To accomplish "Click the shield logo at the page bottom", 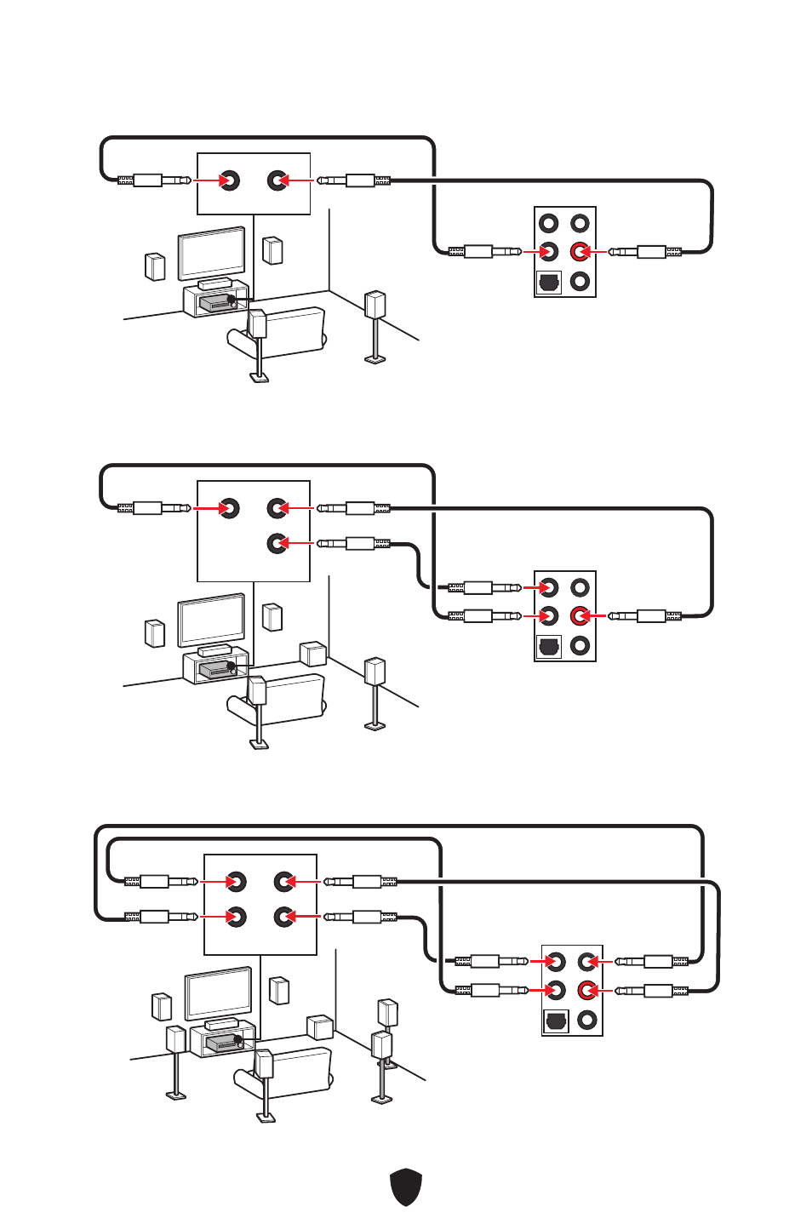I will pos(406,1187).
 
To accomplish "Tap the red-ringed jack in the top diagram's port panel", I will pos(580,251).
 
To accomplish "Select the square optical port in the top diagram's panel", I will pos(549,282).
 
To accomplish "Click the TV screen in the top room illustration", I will pos(211,253).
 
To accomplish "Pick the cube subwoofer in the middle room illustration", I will pos(313,654).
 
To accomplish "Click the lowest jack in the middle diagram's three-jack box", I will pos(277,543).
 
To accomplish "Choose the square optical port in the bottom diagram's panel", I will pos(556,1021).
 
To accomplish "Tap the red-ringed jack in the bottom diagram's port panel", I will pos(586,990).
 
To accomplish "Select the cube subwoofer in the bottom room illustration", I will pos(320,1027).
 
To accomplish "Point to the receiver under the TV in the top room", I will pos(216,302).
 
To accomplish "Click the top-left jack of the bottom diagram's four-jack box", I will pos(236,882).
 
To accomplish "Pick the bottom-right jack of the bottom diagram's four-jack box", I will pos(283,917).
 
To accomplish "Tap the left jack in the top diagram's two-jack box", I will pos(229,180).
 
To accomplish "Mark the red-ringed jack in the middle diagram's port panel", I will pos(580,615).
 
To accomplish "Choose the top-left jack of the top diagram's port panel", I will pos(549,223).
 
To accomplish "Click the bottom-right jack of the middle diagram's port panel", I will pos(580,645).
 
